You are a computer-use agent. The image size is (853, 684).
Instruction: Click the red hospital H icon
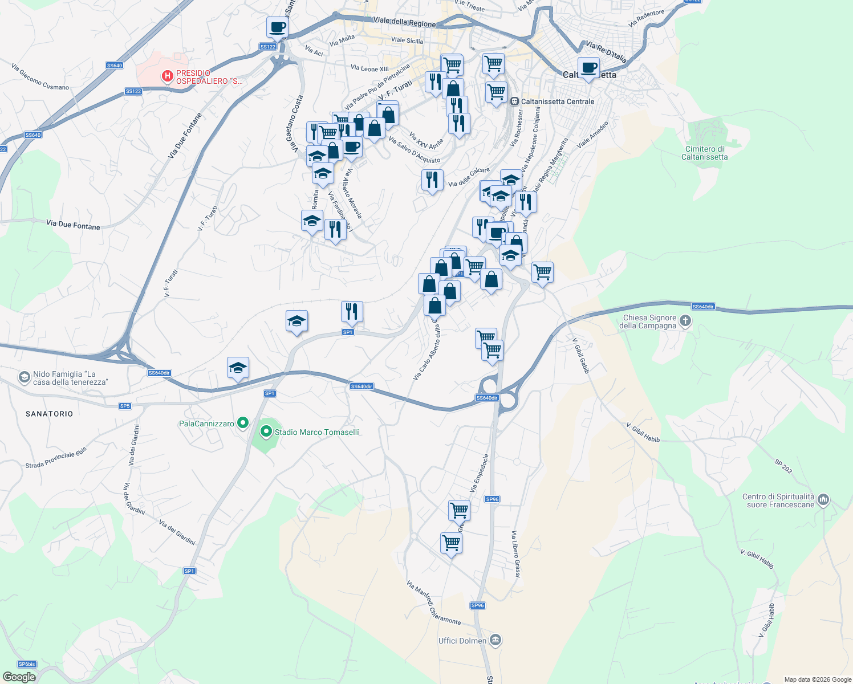[x=167, y=76]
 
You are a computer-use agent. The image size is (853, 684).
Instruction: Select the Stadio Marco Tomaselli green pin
[x=266, y=432]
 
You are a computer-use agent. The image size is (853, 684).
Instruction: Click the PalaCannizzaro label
[x=206, y=424]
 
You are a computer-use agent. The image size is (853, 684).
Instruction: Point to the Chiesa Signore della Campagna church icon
[x=685, y=321]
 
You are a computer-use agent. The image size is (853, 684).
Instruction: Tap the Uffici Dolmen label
[x=462, y=641]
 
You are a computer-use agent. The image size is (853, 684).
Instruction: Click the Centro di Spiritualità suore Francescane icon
[x=823, y=500]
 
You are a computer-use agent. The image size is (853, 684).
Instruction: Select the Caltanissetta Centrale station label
[x=557, y=101]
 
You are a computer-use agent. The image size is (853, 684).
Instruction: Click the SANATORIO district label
[x=50, y=414]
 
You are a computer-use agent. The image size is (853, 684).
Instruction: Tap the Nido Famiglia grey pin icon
[x=24, y=377]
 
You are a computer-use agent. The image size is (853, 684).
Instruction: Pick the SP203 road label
[x=783, y=466]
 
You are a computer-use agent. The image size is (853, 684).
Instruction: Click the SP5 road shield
[x=125, y=406]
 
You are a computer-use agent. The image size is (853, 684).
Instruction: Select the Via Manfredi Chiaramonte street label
[x=433, y=602]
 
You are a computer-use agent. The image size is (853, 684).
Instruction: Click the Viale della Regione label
[x=404, y=22]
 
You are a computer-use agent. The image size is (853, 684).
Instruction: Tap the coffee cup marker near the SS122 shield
[x=277, y=27]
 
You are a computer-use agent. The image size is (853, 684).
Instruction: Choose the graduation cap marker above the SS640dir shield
[x=238, y=368]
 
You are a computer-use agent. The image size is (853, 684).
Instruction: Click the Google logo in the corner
[x=19, y=677]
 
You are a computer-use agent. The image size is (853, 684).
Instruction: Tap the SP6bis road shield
[x=27, y=664]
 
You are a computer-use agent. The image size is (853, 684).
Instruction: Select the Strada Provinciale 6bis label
[x=56, y=458]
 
